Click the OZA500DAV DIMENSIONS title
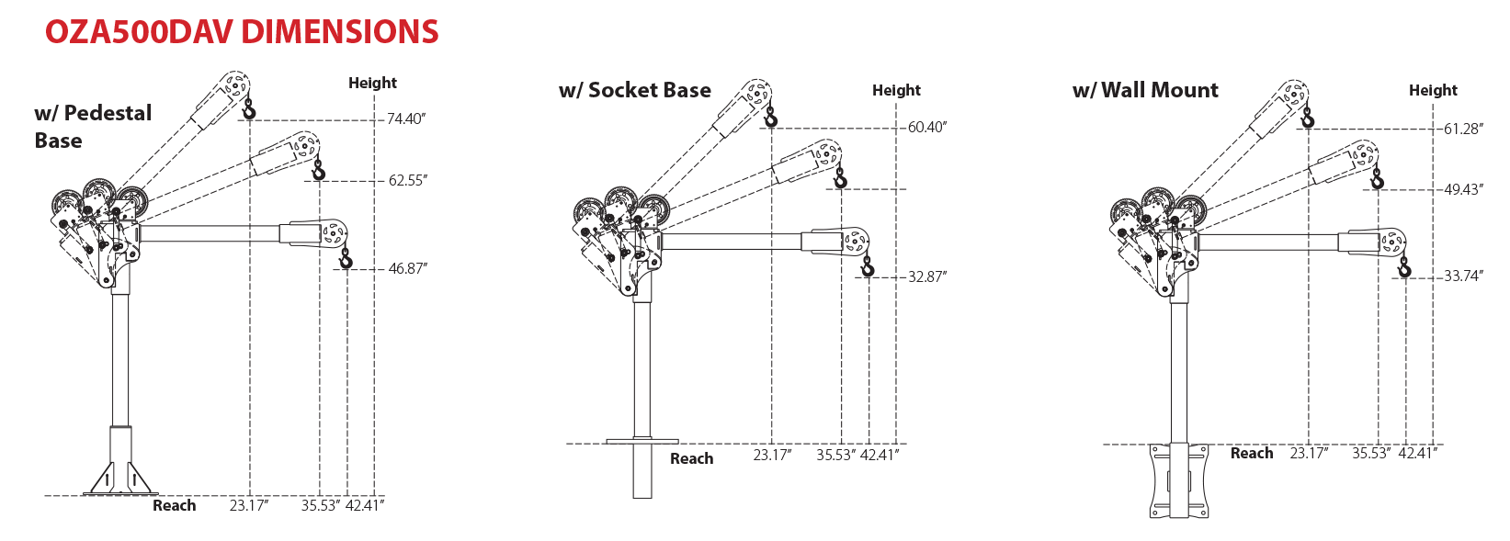tap(242, 32)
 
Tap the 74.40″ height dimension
tap(405, 118)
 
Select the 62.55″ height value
tap(407, 180)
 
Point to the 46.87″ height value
tap(407, 268)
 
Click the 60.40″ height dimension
tap(926, 127)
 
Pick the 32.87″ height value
tap(926, 276)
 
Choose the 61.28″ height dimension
tap(1462, 129)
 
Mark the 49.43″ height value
tap(1462, 189)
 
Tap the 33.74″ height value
tap(1462, 276)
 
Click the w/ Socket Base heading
tap(634, 90)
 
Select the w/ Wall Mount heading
tap(1145, 90)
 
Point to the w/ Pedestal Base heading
tap(92, 127)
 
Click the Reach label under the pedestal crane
tap(174, 505)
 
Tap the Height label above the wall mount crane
tap(1433, 90)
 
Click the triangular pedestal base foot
tap(119, 477)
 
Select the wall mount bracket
tap(1179, 481)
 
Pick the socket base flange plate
tap(642, 442)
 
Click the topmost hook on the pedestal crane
tap(248, 111)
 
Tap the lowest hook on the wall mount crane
tap(1403, 268)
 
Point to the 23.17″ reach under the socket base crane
tap(772, 455)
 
